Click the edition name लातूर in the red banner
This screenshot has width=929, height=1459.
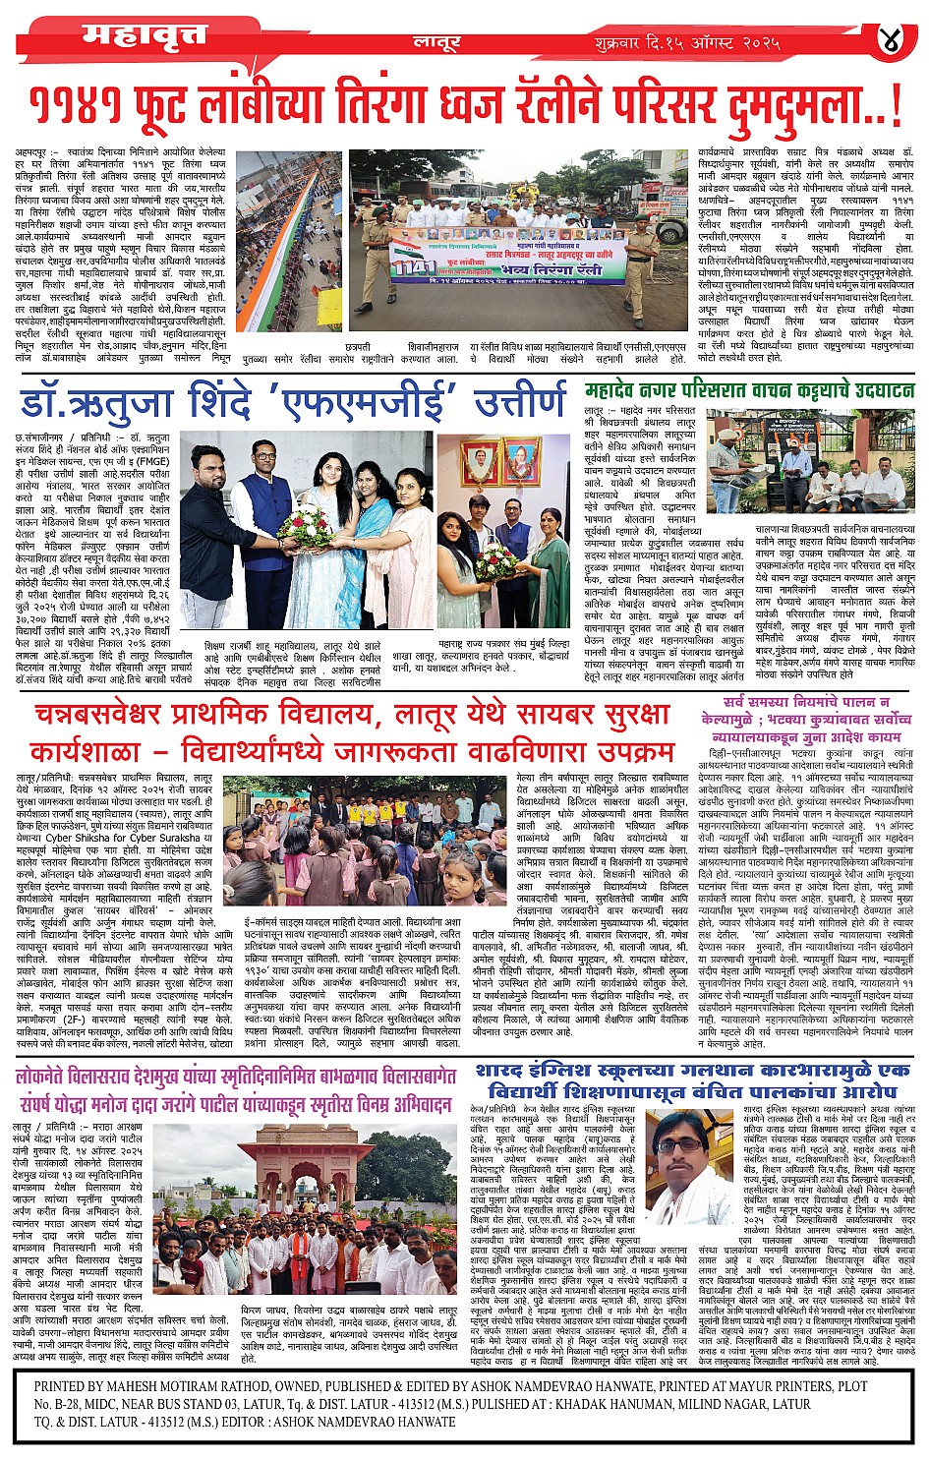(435, 43)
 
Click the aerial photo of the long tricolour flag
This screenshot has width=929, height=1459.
(288, 241)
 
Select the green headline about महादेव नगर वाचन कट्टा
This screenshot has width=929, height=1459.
(749, 390)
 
